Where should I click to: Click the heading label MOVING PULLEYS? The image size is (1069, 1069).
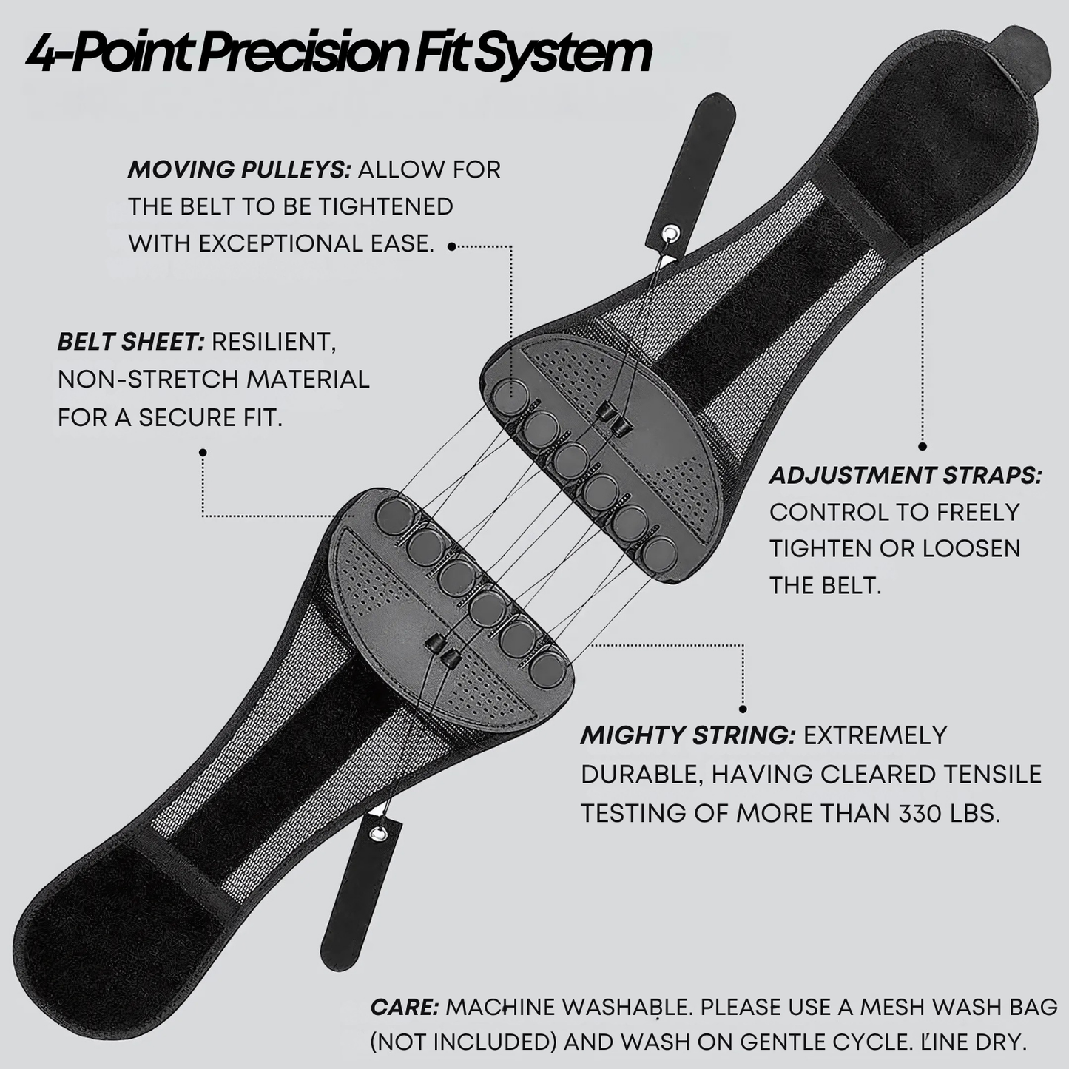(238, 169)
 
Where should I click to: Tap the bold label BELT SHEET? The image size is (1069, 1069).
(130, 342)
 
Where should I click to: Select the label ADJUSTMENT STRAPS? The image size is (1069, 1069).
(905, 476)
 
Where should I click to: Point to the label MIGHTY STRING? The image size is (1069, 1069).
(687, 735)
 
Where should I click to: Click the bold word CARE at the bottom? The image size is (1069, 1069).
(404, 1007)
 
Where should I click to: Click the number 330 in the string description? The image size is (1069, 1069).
(921, 813)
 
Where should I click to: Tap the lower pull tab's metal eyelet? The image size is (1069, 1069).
(380, 834)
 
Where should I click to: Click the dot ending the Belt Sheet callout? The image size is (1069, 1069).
(203, 452)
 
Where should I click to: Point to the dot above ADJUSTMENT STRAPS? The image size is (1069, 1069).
(923, 446)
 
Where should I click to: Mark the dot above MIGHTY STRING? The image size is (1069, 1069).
(743, 709)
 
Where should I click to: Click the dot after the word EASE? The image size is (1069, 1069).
(452, 247)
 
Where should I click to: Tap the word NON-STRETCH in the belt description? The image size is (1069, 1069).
(148, 380)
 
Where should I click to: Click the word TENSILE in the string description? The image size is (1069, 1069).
(993, 774)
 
